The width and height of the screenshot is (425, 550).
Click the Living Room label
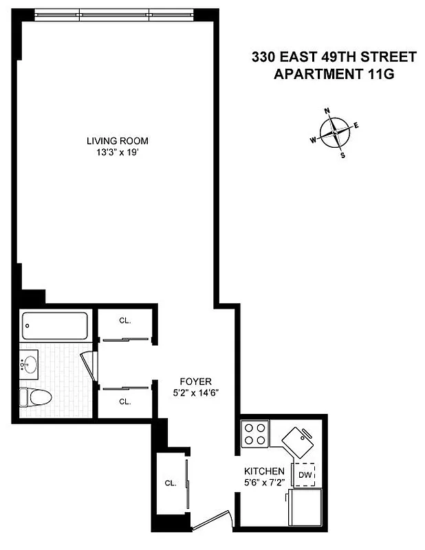pos(117,141)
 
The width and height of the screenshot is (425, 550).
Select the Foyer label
pos(196,382)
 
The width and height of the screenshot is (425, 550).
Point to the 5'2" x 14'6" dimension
pos(196,393)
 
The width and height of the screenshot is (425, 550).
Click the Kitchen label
pos(265,471)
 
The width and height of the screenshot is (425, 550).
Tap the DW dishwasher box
pos(305,474)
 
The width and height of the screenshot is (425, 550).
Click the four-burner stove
pos(256,434)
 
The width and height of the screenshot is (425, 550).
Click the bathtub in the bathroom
pos(55,326)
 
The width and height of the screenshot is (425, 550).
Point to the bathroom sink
pos(29,364)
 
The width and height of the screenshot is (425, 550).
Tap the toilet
pos(36,397)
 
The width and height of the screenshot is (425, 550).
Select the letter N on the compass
pos(327,111)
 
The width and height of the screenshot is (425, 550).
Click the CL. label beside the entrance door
pos(171,483)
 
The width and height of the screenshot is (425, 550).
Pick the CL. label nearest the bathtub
pos(124,320)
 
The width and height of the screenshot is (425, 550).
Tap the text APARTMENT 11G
pos(334,74)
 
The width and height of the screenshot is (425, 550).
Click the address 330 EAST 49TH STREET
pos(334,58)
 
